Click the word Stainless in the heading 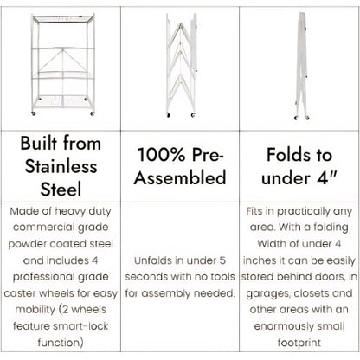(x=61, y=166)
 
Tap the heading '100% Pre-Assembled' (x=180, y=166)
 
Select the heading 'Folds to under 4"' (x=299, y=166)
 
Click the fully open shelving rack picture (x=63, y=65)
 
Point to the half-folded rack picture (x=181, y=65)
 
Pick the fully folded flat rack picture (x=301, y=66)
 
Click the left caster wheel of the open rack (x=34, y=113)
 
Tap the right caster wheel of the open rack (x=93, y=113)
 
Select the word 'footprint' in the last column (x=299, y=343)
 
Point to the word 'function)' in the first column (x=61, y=343)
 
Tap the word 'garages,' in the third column (x=268, y=293)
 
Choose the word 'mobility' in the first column (x=35, y=310)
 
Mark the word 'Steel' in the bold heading (x=61, y=190)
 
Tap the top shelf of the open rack (x=63, y=18)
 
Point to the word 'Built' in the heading (x=40, y=143)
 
